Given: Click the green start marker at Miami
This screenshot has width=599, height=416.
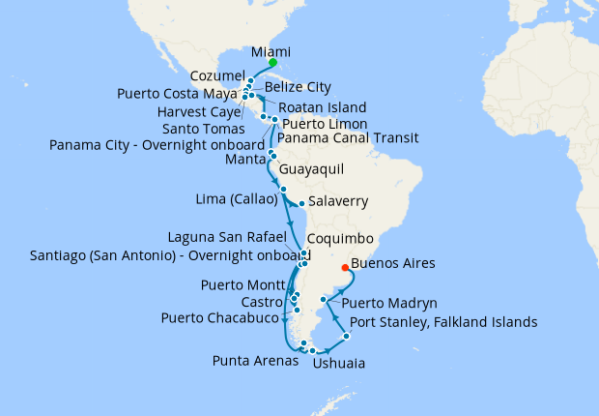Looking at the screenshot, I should coord(273,64).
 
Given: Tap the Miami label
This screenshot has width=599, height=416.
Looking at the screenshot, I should coord(271,51).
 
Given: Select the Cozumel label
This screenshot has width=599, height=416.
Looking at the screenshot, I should coord(207,74).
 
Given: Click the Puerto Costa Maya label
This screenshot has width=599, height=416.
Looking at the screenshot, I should coord(176,94).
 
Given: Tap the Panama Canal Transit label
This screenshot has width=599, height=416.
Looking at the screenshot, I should coord(347,137).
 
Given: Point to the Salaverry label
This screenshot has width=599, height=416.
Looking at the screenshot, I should coord(338,204).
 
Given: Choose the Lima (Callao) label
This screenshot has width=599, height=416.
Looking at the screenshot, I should coord(234,199).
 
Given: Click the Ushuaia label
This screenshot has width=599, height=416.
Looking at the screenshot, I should coord(338,365).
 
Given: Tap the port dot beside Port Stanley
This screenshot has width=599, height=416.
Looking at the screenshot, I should coord(346,335).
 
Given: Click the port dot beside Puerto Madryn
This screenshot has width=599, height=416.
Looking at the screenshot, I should coord(322,301).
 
